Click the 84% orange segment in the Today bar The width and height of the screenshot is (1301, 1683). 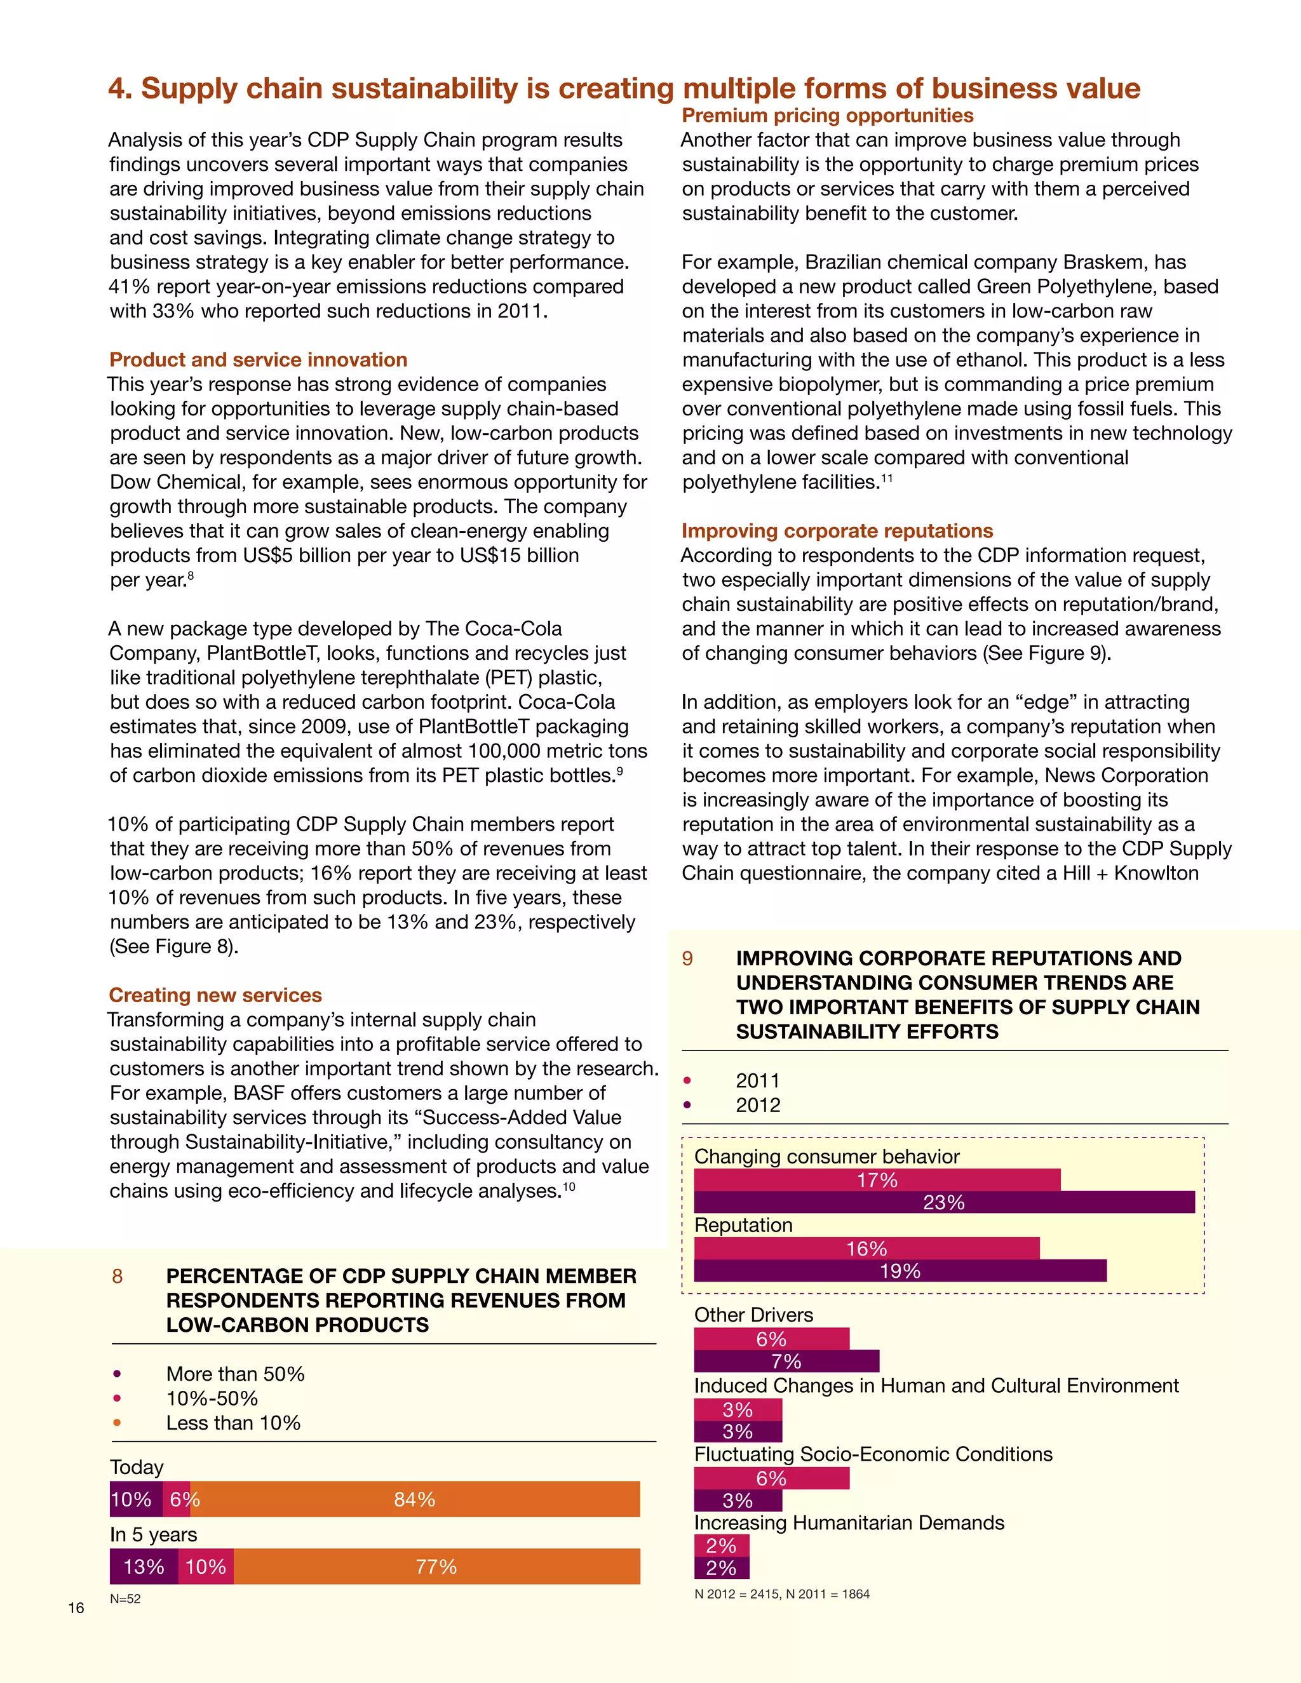click(x=415, y=1499)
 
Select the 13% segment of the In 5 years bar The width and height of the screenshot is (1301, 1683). click(x=144, y=1566)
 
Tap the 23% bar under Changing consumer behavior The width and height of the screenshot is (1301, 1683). click(x=944, y=1202)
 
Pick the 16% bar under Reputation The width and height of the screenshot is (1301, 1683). click(x=866, y=1249)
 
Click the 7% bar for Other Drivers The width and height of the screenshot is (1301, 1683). click(x=786, y=1361)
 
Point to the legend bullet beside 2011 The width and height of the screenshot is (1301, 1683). click(x=687, y=1080)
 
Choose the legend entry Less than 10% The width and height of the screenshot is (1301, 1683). click(x=233, y=1423)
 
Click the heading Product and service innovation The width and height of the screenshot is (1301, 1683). click(x=258, y=360)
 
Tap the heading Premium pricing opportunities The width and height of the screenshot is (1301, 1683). click(x=827, y=116)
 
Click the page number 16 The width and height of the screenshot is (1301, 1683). click(x=76, y=1607)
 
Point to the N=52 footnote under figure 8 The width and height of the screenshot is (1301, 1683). click(x=125, y=1599)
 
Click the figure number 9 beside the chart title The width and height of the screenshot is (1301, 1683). click(x=687, y=958)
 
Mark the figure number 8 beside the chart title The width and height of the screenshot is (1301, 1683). click(x=117, y=1276)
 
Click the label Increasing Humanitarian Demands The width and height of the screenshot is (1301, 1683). click(x=849, y=1523)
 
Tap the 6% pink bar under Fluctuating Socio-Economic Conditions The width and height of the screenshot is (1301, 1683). click(x=771, y=1478)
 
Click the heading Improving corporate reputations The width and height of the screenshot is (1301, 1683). click(x=837, y=531)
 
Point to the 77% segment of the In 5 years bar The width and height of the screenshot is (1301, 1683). click(x=436, y=1566)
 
